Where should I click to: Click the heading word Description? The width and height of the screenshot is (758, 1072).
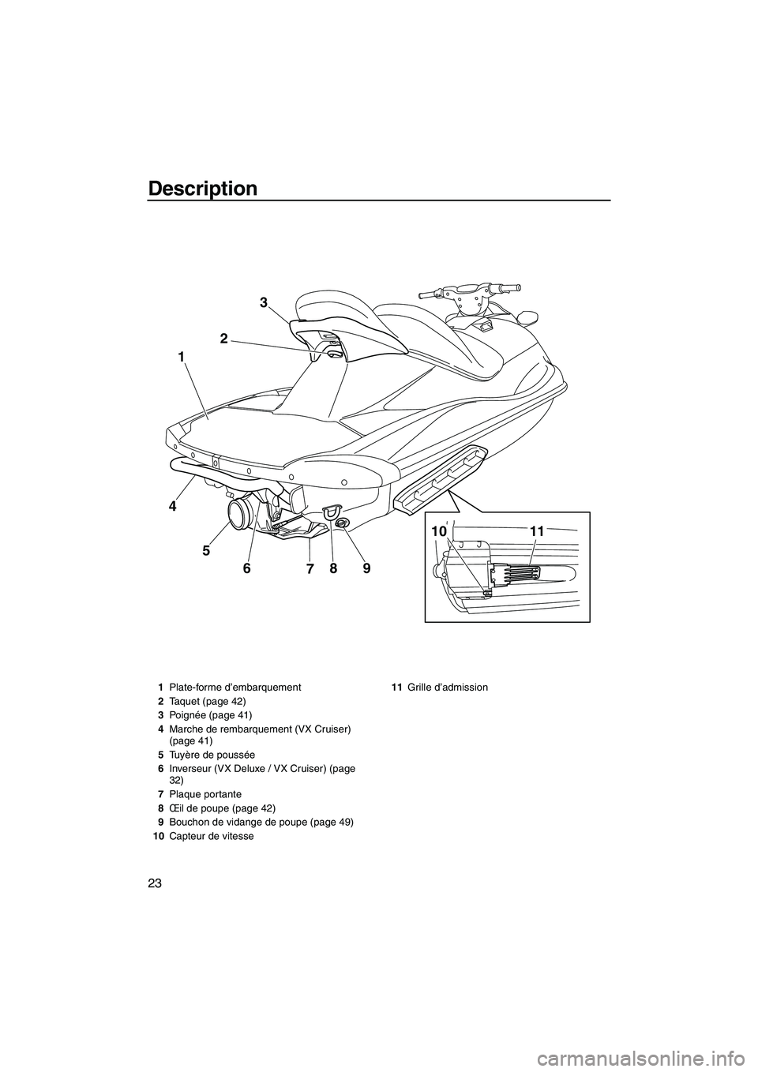coord(203,189)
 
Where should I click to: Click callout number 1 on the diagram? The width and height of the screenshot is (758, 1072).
coord(182,357)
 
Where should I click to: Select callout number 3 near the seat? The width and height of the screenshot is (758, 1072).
coord(264,302)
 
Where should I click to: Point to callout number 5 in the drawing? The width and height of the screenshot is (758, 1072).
coord(206,551)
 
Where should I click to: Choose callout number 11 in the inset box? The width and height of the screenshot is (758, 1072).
coord(537,531)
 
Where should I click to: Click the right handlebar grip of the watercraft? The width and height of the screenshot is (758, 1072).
coord(509,289)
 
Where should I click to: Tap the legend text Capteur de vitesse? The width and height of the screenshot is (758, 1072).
coord(212,836)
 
